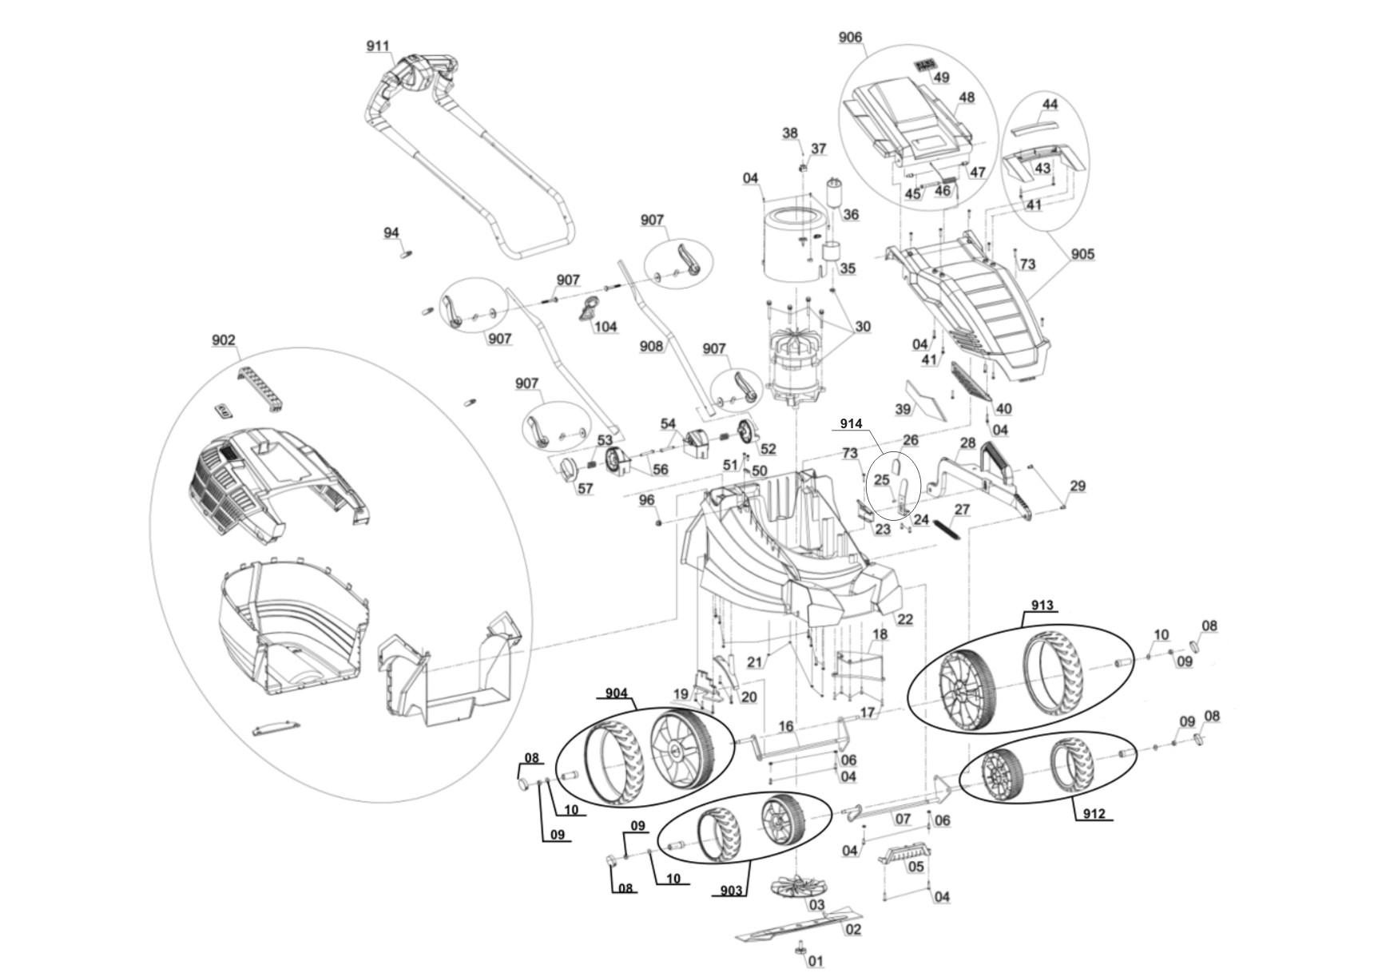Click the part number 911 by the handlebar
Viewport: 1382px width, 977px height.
click(378, 46)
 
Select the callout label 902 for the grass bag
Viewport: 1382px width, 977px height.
click(224, 340)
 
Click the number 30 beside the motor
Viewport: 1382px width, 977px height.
click(862, 326)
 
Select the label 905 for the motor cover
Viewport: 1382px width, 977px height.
click(1082, 254)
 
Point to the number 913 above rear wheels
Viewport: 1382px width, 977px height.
click(1042, 606)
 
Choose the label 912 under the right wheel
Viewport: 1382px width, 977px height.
click(1094, 813)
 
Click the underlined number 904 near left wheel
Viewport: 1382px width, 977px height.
click(616, 693)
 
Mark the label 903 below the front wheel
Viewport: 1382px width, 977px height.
click(731, 890)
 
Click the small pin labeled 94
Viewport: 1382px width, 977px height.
click(405, 254)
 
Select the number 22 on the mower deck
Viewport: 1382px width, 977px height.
click(904, 619)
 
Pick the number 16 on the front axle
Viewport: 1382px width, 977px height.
click(786, 726)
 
